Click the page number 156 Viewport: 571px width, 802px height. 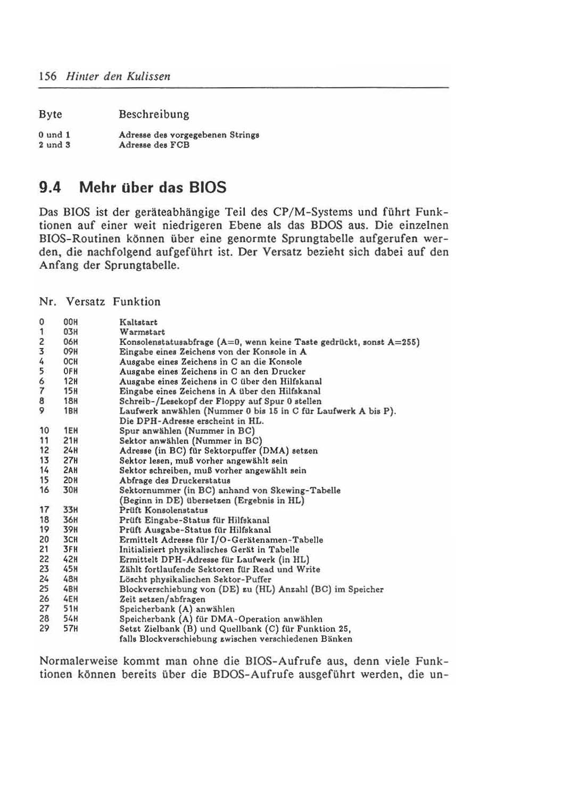tap(48, 76)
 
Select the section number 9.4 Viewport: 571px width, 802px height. tap(51, 187)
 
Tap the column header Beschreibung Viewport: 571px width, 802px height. tap(154, 114)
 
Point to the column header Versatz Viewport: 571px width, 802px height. tap(86, 302)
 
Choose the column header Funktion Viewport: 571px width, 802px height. tap(136, 302)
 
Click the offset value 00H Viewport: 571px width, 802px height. tap(70, 323)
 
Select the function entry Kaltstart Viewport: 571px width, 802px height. tap(138, 323)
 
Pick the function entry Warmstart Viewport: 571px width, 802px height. tap(142, 332)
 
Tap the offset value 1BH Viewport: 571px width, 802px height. tap(70, 411)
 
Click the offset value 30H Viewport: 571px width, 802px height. tap(70, 490)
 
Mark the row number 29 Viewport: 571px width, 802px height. tap(44, 629)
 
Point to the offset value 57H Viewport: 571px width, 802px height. tap(70, 629)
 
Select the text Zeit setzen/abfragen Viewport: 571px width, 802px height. tap(162, 599)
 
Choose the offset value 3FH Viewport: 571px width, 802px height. tap(70, 550)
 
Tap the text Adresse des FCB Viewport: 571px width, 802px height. tap(154, 145)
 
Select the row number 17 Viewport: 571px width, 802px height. tap(44, 510)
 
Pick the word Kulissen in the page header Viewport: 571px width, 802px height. tap(148, 76)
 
